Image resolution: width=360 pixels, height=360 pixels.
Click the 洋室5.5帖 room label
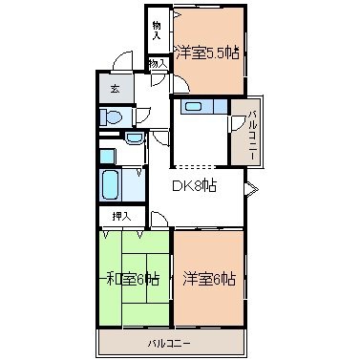[x=207, y=53]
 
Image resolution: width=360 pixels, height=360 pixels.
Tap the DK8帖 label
[x=194, y=185]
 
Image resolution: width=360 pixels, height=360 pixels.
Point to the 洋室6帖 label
[x=209, y=279]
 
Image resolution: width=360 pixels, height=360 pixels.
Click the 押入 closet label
[x=121, y=217]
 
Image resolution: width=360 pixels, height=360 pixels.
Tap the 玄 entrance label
[x=115, y=89]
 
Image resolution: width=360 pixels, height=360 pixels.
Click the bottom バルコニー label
[x=169, y=344]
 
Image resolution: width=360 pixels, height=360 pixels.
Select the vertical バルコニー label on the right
[x=253, y=135]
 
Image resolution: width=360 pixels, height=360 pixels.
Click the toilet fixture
[x=112, y=117]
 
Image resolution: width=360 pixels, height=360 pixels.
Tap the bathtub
[x=110, y=185]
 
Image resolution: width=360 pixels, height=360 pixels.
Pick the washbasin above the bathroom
[x=135, y=138]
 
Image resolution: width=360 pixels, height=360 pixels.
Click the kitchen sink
[x=194, y=106]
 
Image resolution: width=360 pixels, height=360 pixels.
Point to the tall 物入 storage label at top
[x=157, y=31]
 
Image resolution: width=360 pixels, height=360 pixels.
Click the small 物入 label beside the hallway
[x=158, y=63]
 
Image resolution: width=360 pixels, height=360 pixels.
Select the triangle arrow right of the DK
[x=251, y=189]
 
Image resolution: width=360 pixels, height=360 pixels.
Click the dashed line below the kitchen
[x=194, y=166]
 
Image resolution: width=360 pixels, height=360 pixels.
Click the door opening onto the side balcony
[x=238, y=122]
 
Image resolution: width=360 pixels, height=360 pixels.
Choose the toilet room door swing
[x=144, y=116]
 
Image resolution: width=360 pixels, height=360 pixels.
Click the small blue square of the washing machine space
[x=107, y=157]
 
